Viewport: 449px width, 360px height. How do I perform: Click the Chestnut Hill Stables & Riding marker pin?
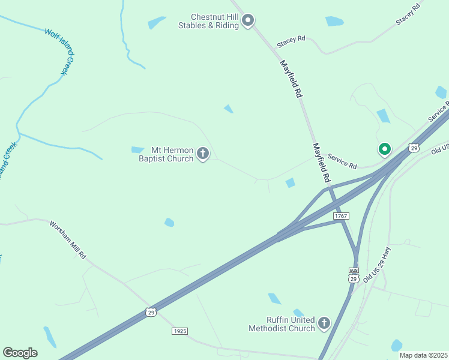pos(248,21)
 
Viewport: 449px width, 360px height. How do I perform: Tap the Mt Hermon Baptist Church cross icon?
pos(203,154)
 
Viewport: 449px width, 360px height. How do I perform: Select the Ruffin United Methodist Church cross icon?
pos(324,324)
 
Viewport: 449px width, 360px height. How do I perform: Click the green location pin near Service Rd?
pos(384,149)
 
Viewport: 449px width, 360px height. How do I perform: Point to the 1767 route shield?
pos(340,216)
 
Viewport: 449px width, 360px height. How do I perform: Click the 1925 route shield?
pos(179,331)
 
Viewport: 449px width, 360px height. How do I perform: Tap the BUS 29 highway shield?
pos(353,275)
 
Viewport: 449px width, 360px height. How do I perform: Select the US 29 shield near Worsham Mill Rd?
pos(151,311)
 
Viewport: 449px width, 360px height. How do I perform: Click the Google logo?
pos(20,353)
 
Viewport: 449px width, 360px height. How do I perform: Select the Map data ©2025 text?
pos(423,355)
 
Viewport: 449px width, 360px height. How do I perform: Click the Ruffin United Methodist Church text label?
pos(282,324)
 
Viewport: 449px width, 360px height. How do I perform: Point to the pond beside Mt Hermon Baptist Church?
pos(137,149)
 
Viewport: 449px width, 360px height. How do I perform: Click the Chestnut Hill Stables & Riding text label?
pos(208,21)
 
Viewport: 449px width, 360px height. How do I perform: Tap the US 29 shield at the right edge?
pos(414,148)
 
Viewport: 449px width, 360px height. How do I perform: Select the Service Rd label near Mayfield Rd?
pos(342,161)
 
